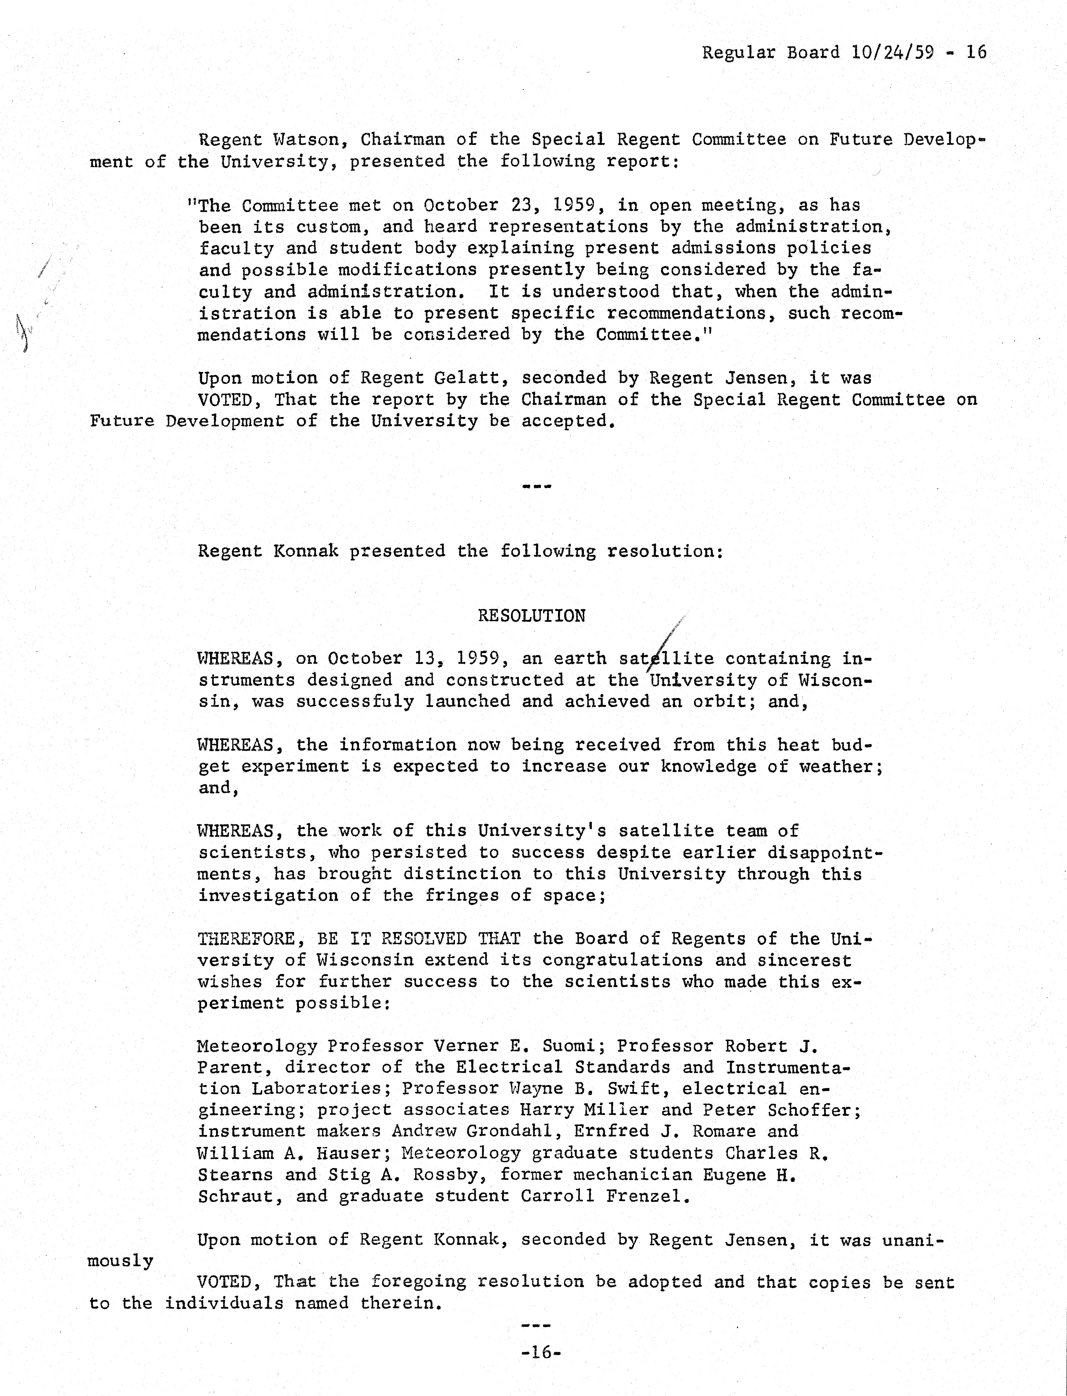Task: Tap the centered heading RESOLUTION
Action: (x=532, y=615)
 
